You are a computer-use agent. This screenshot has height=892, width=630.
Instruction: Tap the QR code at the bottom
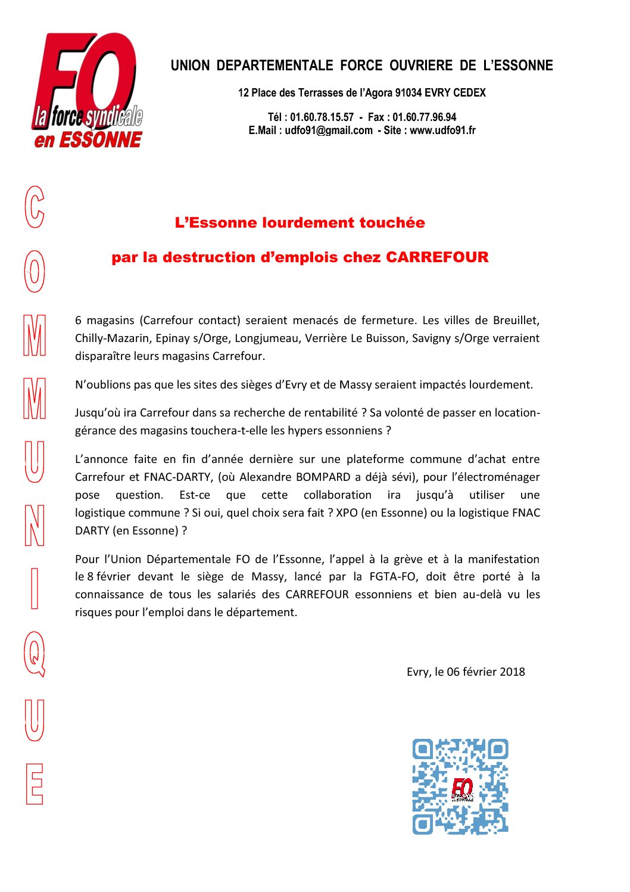[460, 786]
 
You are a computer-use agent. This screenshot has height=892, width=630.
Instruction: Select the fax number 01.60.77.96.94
[424, 117]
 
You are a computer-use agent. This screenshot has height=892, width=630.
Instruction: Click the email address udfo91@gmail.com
[329, 130]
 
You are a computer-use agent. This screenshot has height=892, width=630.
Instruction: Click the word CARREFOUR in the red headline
[437, 257]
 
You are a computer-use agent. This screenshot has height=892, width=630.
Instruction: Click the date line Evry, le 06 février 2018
[466, 672]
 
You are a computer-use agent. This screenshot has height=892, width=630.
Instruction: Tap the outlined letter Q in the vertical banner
[35, 654]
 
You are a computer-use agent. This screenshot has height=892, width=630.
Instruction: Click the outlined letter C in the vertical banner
[35, 207]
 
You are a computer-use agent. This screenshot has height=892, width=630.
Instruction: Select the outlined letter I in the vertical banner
[35, 588]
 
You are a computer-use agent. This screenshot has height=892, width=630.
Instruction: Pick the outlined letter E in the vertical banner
[35, 784]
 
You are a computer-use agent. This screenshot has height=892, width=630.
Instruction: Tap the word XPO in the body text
[347, 513]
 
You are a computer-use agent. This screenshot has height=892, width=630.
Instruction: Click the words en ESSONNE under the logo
[88, 140]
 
